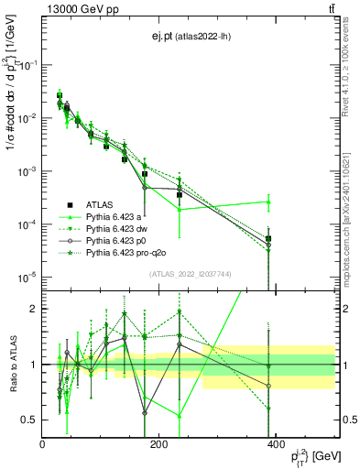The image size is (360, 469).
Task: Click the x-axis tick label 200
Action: coord(158,444)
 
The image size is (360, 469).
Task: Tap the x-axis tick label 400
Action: coord(275,444)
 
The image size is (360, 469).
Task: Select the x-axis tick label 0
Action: coord(42,444)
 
